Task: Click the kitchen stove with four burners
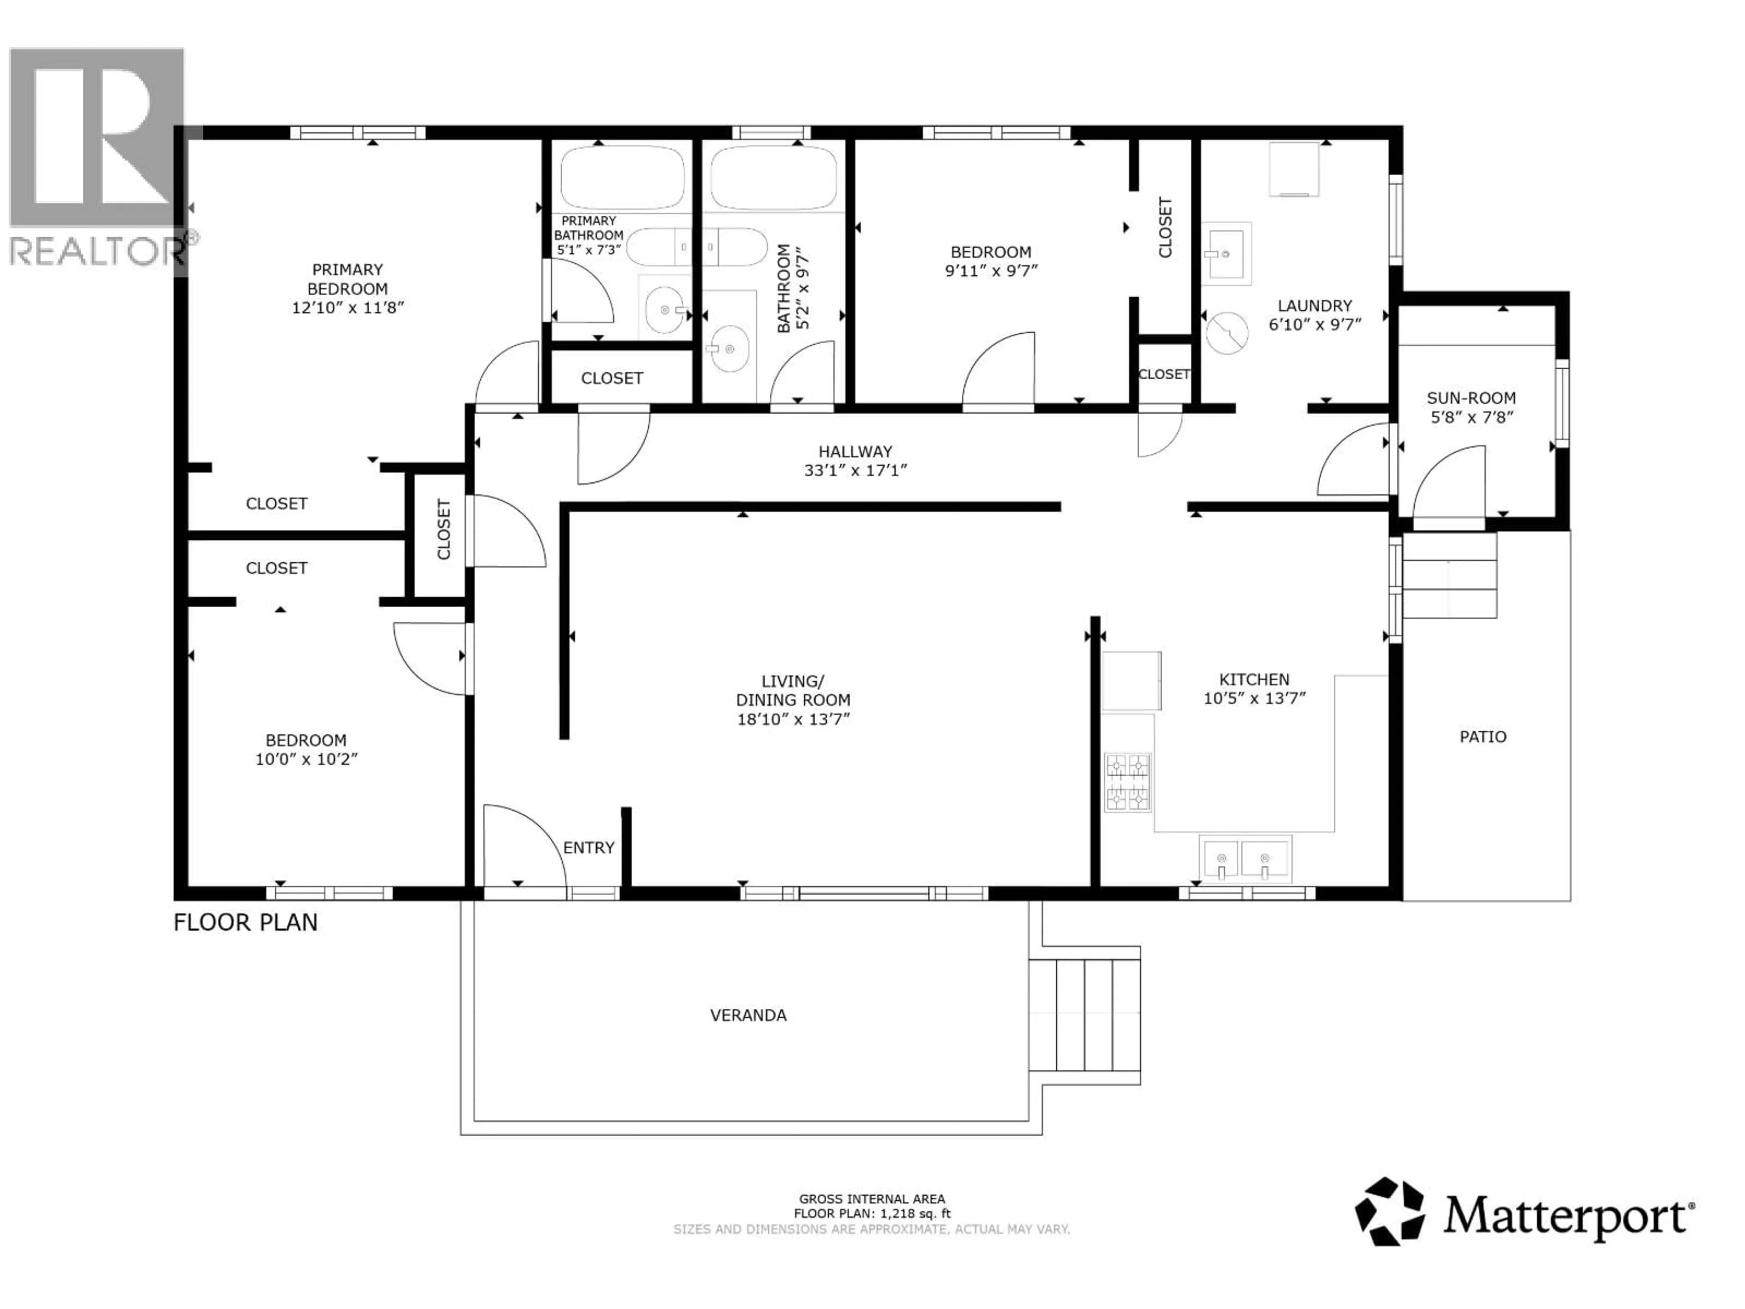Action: tap(1127, 783)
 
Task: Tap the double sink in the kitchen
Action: tap(1245, 859)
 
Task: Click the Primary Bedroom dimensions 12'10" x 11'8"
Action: tap(348, 308)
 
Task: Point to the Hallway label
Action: tap(855, 451)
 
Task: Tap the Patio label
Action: tap(1482, 737)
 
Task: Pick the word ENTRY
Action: tap(588, 847)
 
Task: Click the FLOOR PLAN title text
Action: tap(245, 922)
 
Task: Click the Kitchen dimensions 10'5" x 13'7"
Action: tap(1254, 698)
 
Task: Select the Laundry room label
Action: tap(1314, 305)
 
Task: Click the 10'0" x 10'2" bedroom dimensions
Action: tap(306, 759)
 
